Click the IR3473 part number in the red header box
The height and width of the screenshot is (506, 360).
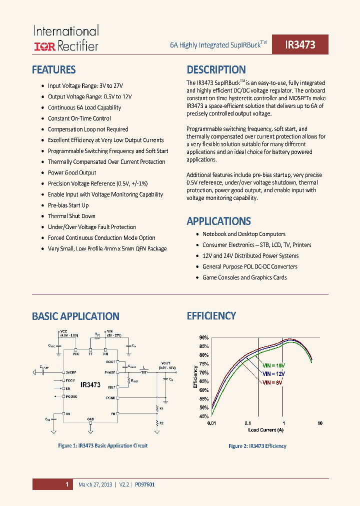[x=300, y=44]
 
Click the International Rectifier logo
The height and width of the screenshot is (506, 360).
[x=66, y=38]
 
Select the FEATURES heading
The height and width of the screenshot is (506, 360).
[x=54, y=69]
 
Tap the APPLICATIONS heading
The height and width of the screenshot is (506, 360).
[x=218, y=221]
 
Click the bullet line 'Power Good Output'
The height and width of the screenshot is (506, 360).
[x=72, y=172]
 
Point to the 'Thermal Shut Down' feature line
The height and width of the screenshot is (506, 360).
[x=71, y=216]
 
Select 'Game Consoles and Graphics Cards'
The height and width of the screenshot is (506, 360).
[x=244, y=277]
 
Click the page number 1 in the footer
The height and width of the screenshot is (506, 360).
[x=66, y=484]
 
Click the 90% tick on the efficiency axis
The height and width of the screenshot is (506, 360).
[x=203, y=338]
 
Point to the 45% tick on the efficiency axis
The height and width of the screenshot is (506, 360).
[x=203, y=416]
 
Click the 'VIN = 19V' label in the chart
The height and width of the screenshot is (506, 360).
[x=274, y=365]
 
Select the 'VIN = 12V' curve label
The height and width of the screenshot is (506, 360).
[x=274, y=373]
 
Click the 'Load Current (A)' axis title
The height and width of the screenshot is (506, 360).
[x=266, y=429]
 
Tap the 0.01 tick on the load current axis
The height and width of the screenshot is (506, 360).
[x=211, y=423]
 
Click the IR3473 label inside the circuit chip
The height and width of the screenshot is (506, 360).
[x=90, y=385]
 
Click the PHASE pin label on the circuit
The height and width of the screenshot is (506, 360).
[x=110, y=372]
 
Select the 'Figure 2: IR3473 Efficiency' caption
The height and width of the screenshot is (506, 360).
[x=257, y=446]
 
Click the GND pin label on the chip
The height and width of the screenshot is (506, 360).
[x=90, y=418]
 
